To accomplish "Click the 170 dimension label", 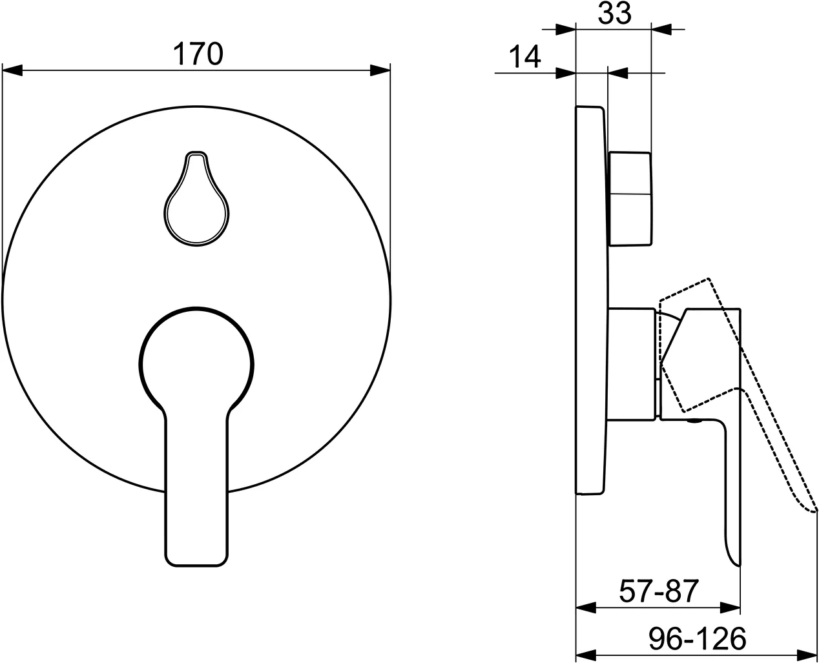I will click(x=198, y=54).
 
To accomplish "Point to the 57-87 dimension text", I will click(x=658, y=591).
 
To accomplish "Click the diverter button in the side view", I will click(x=630, y=199).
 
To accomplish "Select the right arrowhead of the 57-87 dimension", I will click(x=731, y=607).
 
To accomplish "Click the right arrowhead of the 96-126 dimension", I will click(x=809, y=653).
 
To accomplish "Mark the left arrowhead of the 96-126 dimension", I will click(x=585, y=653).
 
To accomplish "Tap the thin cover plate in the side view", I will click(x=590, y=300).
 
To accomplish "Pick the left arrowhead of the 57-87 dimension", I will click(x=585, y=607).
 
